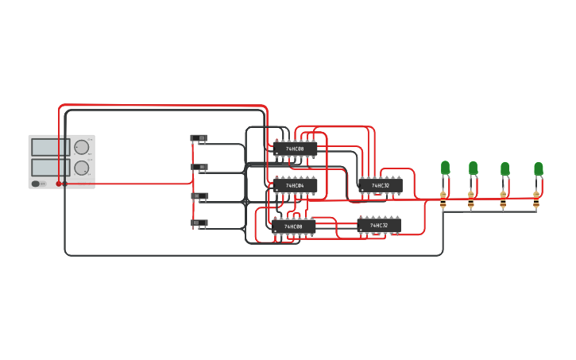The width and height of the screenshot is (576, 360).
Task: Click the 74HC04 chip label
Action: tap(295, 186)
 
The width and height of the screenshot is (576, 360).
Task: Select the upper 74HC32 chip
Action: tap(380, 185)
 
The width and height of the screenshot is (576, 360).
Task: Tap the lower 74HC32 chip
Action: tap(379, 226)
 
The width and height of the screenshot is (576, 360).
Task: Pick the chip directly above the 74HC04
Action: tap(295, 149)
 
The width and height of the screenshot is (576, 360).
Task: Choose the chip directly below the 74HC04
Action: tap(294, 226)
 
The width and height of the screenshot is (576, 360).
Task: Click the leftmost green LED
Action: tap(445, 167)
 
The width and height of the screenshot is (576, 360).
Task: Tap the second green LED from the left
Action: tap(473, 168)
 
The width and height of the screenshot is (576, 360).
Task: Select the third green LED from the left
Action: tap(504, 168)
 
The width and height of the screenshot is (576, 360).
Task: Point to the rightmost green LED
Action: tap(538, 168)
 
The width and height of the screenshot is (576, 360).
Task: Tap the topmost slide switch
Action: tap(199, 138)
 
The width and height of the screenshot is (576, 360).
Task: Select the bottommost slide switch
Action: tap(199, 223)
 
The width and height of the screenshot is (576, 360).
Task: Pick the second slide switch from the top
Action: tap(199, 167)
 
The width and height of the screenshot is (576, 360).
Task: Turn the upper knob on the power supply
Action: tap(81, 147)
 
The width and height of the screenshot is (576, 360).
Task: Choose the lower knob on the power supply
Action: tap(81, 168)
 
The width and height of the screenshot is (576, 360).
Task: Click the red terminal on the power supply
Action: tap(58, 184)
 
